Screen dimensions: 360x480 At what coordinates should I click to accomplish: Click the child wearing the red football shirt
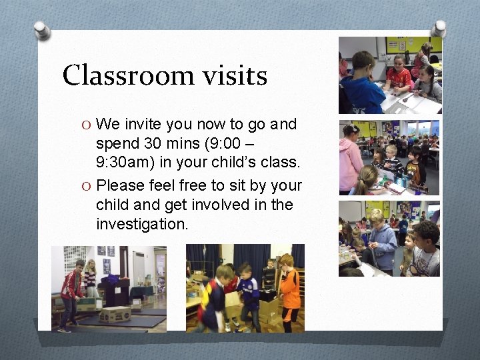pyautogui.click(x=400, y=76)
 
